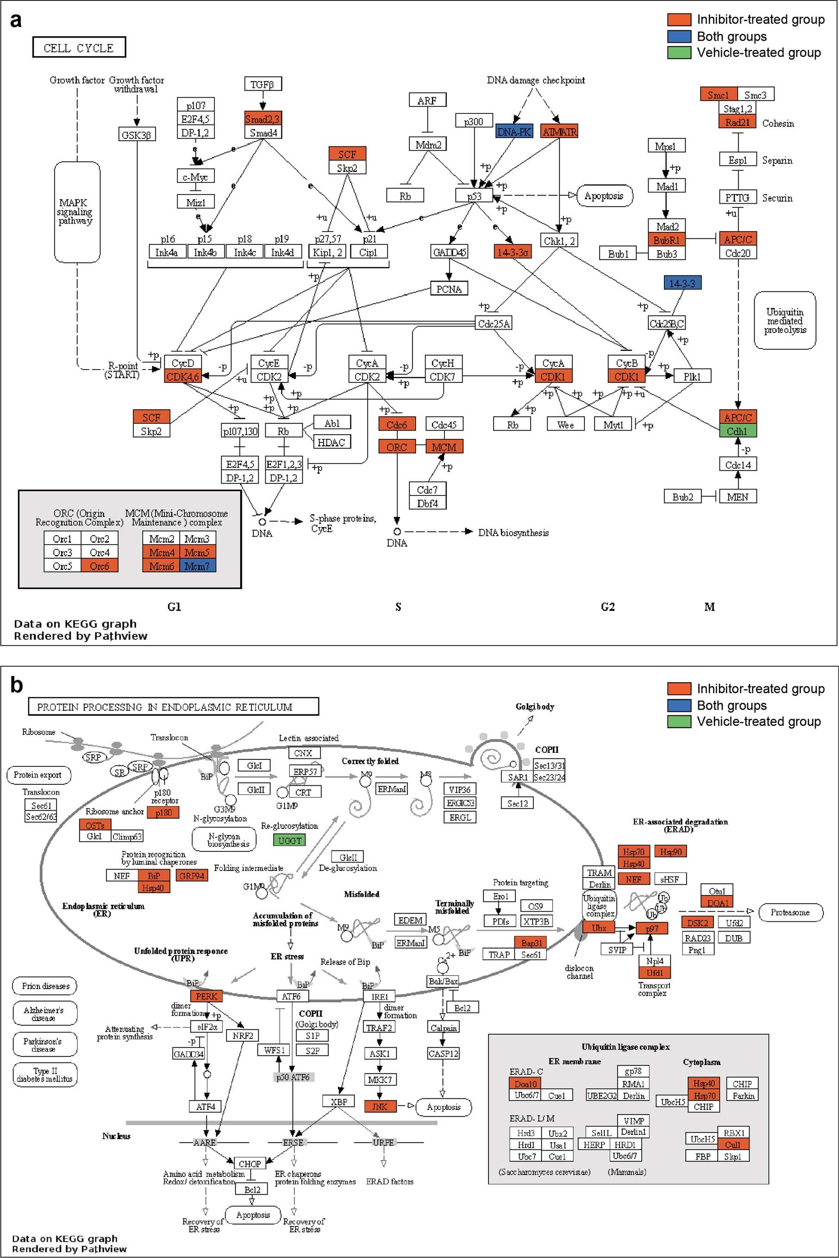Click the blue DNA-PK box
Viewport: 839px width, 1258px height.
tap(513, 131)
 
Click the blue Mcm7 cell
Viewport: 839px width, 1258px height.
tap(197, 566)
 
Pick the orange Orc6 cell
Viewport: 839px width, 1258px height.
tap(100, 566)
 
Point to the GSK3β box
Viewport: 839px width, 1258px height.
tap(137, 135)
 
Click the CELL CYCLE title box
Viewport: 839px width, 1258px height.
tap(79, 48)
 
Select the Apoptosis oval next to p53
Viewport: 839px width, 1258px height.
tap(604, 196)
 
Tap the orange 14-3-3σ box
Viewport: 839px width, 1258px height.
tap(513, 252)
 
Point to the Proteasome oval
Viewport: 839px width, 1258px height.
tap(790, 912)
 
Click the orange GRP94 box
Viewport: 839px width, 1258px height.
tap(192, 876)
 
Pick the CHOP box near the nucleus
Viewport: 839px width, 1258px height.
tap(250, 1164)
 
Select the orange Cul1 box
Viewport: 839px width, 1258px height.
tap(733, 1145)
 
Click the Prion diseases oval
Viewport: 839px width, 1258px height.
tap(45, 986)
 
